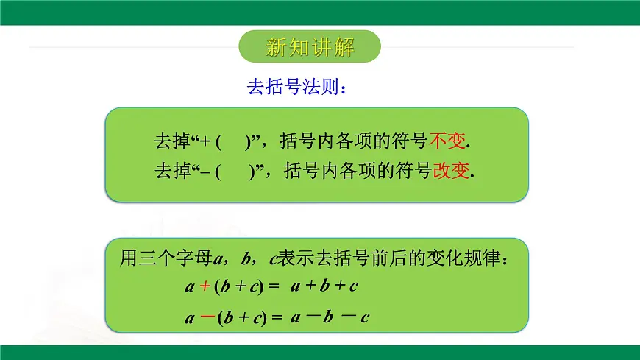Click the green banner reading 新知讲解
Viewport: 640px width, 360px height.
(310, 49)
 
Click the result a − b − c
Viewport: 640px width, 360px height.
(329, 318)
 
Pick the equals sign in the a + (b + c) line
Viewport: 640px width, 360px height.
(274, 286)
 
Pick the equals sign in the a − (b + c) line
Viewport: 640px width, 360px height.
(277, 319)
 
